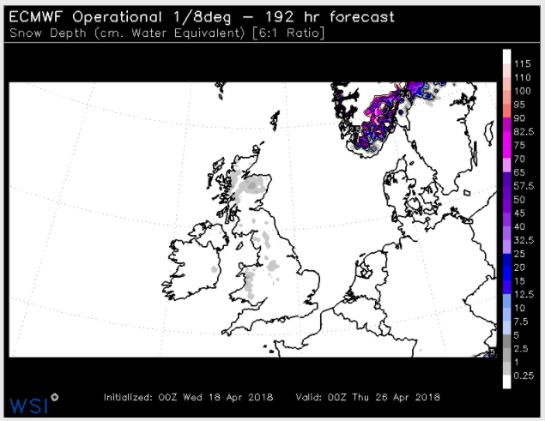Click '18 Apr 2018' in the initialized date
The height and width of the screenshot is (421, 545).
tap(239, 397)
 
